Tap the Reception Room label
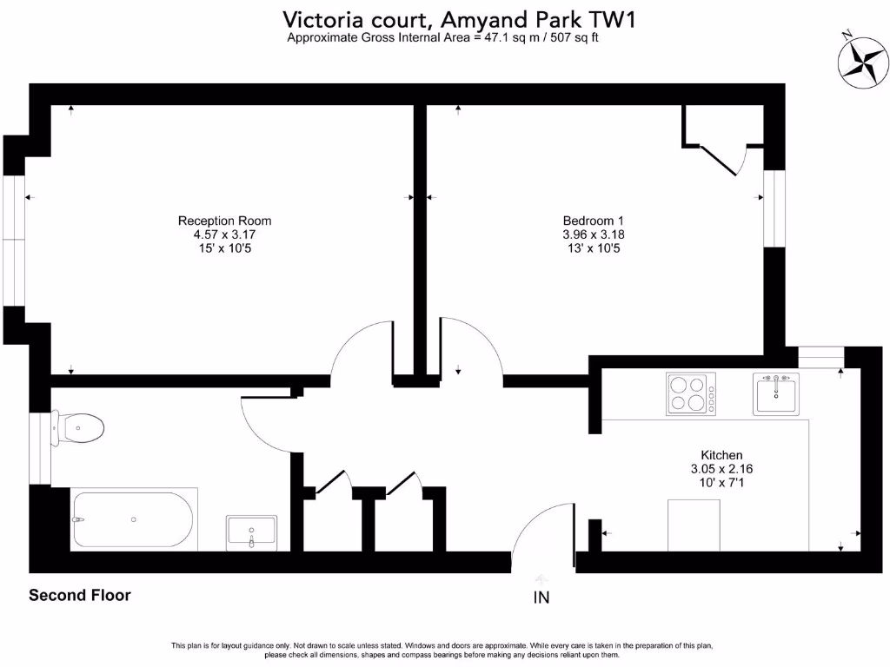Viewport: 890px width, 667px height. tap(224, 221)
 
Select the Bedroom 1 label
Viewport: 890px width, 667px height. tap(594, 221)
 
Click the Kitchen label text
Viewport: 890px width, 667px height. tap(721, 455)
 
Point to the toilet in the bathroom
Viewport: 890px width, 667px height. tap(80, 426)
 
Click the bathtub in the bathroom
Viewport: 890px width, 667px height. tap(134, 519)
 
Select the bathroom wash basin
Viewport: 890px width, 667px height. tap(251, 532)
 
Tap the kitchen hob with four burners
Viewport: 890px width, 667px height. tap(691, 393)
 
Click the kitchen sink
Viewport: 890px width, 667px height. tap(775, 394)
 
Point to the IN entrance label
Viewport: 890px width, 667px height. tap(541, 598)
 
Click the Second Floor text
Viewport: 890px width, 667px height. tap(80, 596)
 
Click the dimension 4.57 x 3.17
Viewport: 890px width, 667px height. tap(224, 234)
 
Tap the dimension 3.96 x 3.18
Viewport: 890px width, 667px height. tap(594, 234)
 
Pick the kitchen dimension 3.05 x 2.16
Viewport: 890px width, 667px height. tap(721, 469)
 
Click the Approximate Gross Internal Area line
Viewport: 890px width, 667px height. tap(442, 38)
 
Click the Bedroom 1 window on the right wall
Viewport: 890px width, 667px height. tap(774, 208)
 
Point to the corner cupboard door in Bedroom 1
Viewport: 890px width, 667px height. tap(721, 161)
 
